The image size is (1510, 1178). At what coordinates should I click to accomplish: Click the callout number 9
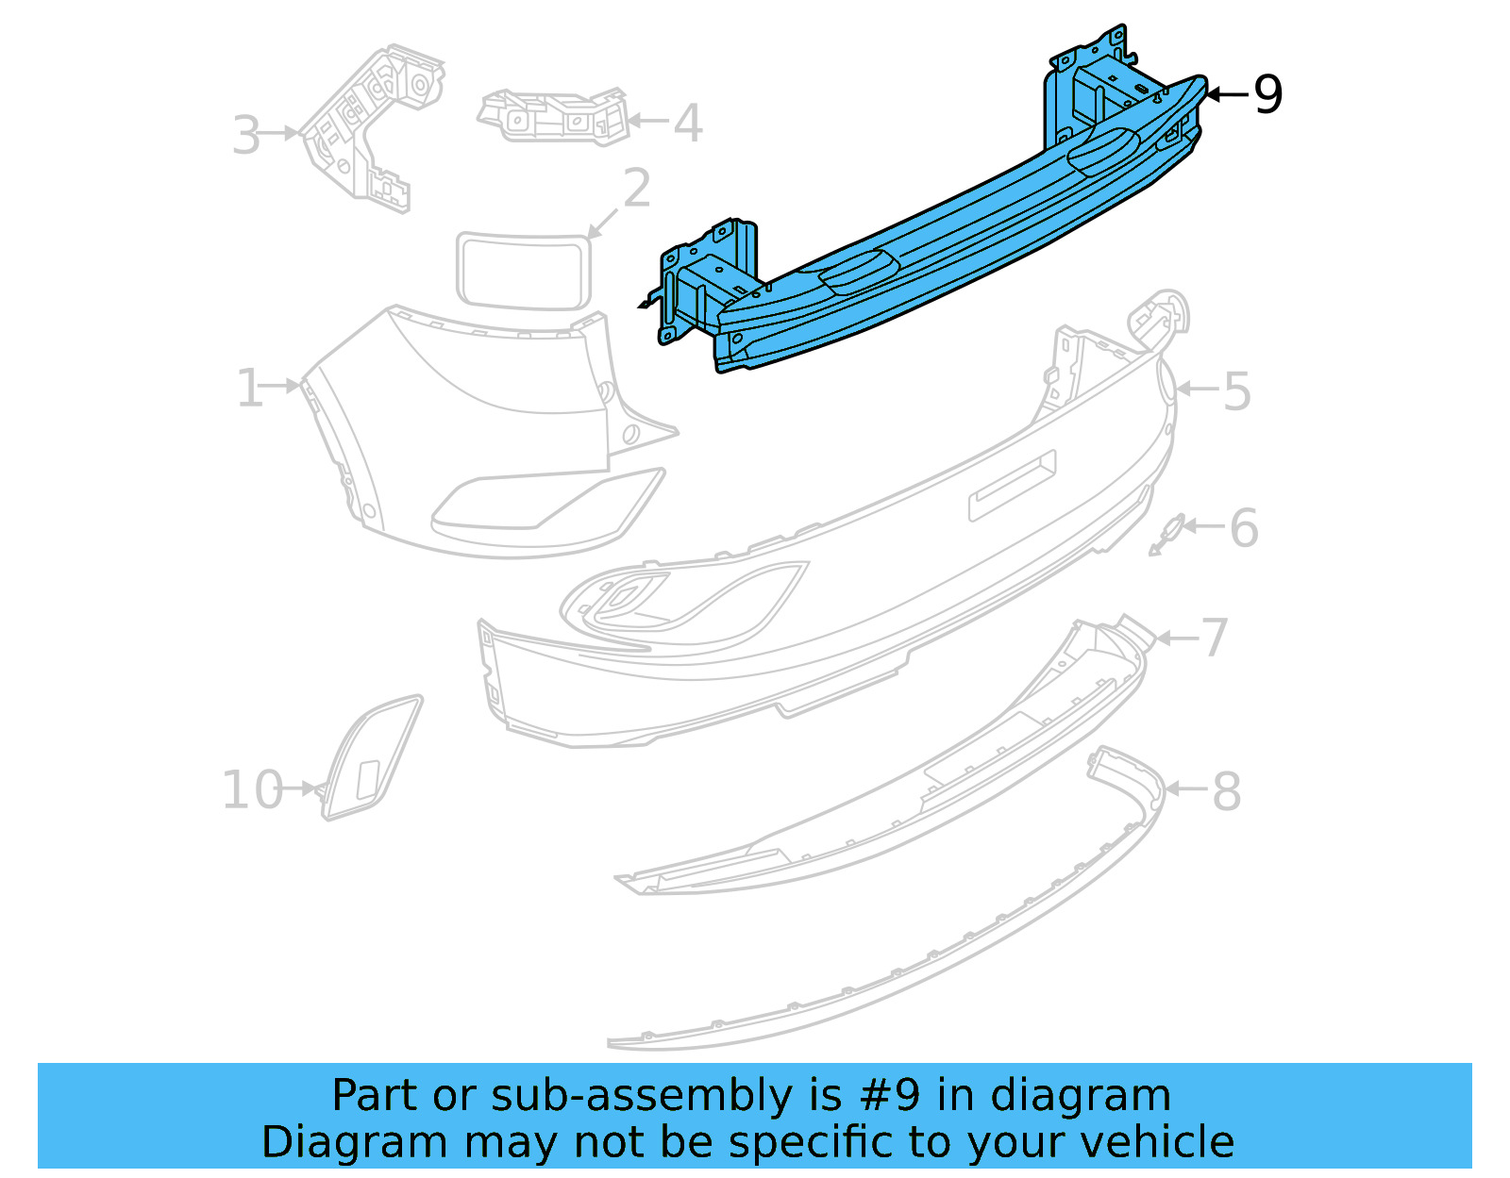(x=1267, y=95)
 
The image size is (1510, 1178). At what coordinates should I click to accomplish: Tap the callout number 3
(x=246, y=137)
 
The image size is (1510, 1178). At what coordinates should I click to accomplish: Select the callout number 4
(x=688, y=124)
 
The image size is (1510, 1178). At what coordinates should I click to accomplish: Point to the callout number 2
(x=637, y=189)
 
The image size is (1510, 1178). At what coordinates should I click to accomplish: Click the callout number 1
(x=249, y=389)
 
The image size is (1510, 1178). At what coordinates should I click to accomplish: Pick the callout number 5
(x=1237, y=391)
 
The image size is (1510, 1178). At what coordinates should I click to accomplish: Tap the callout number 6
(x=1244, y=528)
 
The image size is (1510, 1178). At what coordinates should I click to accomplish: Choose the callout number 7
(x=1215, y=639)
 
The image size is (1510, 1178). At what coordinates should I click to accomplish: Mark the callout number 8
(x=1226, y=791)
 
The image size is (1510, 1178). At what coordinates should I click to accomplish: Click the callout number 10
(x=252, y=790)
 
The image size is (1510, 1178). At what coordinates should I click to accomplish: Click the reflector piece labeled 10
(x=371, y=759)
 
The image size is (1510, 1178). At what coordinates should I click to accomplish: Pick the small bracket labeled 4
(x=554, y=117)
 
